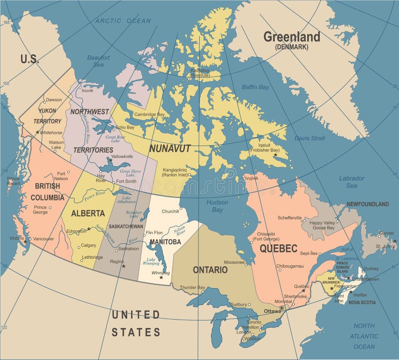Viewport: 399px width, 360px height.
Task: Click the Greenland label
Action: click(x=292, y=37)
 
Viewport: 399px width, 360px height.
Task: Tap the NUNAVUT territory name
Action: click(x=170, y=148)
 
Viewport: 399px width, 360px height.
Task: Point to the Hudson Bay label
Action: click(x=217, y=206)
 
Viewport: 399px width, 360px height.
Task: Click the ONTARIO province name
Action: click(x=210, y=270)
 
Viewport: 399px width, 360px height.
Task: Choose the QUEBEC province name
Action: click(x=278, y=248)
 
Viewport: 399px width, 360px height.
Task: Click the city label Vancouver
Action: click(x=43, y=239)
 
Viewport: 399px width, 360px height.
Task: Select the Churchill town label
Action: click(x=170, y=211)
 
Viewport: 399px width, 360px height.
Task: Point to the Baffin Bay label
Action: click(x=255, y=87)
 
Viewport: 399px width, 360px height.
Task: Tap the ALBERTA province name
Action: click(x=88, y=213)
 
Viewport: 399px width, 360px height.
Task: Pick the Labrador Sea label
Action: click(x=352, y=181)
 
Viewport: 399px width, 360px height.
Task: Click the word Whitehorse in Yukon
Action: click(x=51, y=133)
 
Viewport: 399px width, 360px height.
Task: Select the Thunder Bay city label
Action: click(x=193, y=287)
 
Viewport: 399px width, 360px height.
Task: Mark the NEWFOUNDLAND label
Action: click(x=368, y=204)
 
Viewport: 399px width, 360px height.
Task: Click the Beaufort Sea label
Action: click(x=98, y=61)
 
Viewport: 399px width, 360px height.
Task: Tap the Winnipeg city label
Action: click(x=160, y=273)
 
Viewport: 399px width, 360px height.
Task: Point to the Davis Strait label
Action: click(x=309, y=138)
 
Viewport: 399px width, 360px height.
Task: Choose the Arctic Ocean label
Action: click(x=123, y=20)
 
